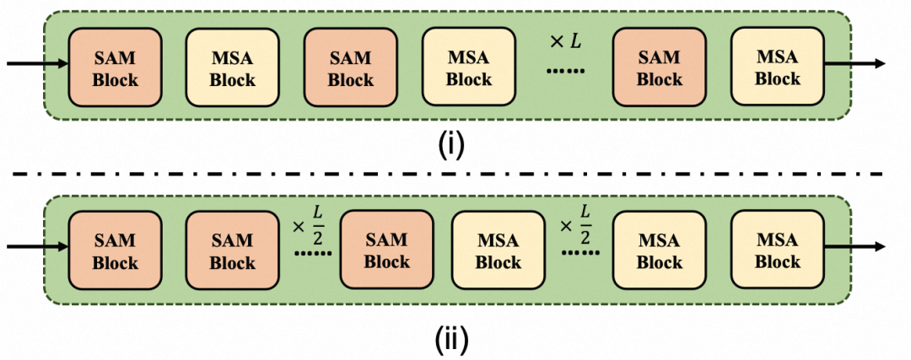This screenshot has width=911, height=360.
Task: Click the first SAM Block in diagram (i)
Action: click(115, 67)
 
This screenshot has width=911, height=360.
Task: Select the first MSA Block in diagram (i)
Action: click(232, 67)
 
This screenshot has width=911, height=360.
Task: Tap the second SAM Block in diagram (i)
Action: click(350, 67)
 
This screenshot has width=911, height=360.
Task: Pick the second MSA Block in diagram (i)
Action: click(468, 67)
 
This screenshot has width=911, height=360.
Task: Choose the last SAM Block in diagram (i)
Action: click(659, 67)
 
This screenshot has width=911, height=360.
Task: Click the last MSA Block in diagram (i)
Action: click(777, 67)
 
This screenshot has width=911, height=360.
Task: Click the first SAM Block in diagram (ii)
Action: click(115, 250)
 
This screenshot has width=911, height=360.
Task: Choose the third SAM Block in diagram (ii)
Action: click(386, 250)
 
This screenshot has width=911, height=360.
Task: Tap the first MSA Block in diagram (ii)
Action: click(498, 250)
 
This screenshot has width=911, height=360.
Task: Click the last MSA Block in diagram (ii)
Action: click(777, 250)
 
